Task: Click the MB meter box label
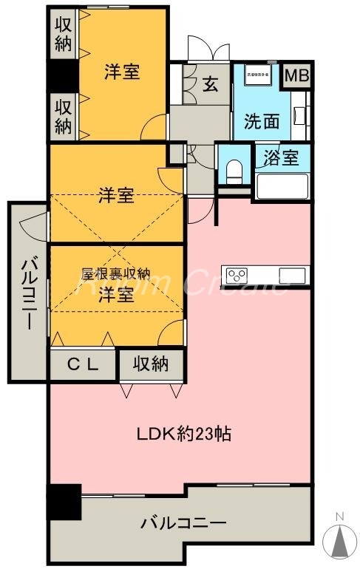(x=297, y=76)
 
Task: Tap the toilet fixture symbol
(x=234, y=171)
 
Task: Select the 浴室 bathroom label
(x=281, y=157)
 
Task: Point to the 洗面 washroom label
(x=260, y=120)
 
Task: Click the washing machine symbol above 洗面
(x=256, y=75)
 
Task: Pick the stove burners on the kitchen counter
(x=237, y=276)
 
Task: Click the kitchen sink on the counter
(x=292, y=276)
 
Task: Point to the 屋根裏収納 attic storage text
(x=115, y=273)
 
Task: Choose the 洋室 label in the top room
(x=122, y=72)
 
